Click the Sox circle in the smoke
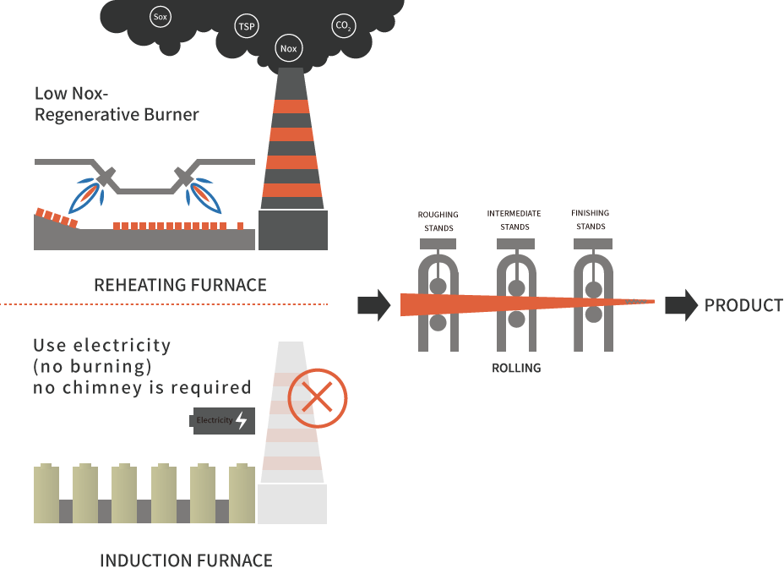[161, 16]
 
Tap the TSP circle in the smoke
[247, 26]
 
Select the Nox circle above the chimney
[289, 48]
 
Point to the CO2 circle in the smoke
[344, 26]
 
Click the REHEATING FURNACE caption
[180, 285]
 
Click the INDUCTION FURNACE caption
[186, 560]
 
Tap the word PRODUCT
[743, 305]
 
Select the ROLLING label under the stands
[515, 369]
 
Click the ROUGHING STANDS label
[437, 221]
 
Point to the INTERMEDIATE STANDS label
[514, 220]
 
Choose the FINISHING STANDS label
[590, 220]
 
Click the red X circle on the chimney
[318, 397]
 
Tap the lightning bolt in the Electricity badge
[242, 420]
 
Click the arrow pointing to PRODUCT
[681, 305]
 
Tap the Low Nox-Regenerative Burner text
[117, 105]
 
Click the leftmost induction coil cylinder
[46, 494]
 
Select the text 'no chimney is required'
[142, 388]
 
